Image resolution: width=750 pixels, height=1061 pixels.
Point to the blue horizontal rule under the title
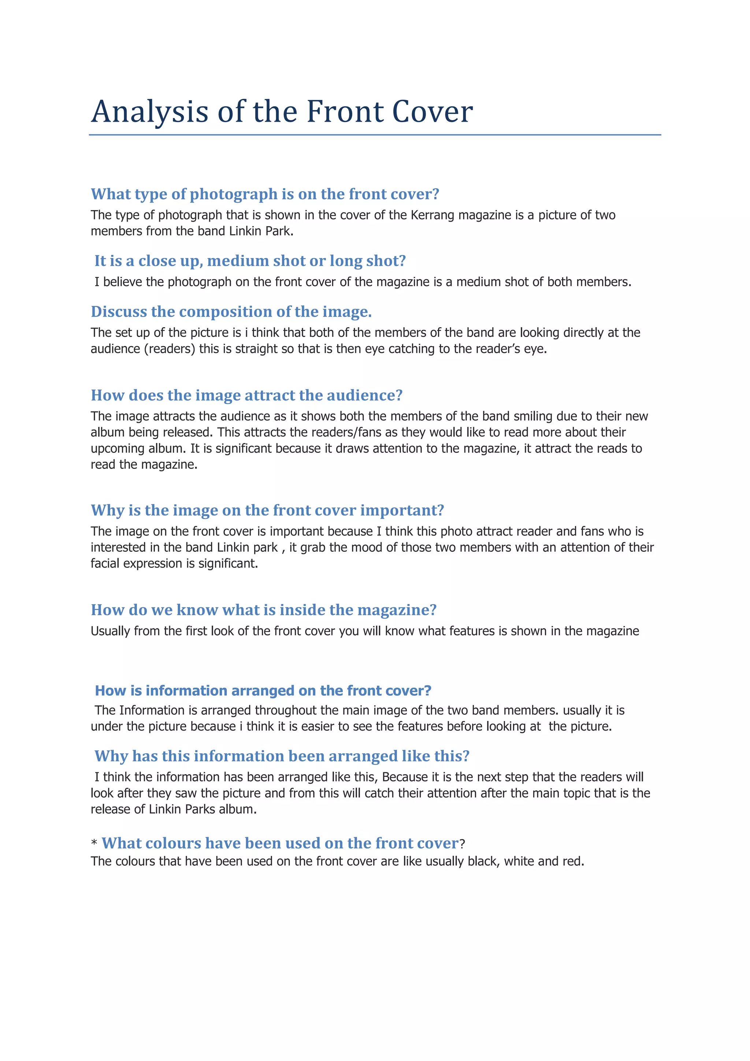[375, 135]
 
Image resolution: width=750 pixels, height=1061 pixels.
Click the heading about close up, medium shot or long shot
[250, 261]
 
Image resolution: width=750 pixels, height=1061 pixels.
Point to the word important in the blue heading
[402, 511]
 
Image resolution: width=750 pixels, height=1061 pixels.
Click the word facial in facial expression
[104, 564]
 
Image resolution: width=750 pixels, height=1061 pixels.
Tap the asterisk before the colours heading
[94, 844]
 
